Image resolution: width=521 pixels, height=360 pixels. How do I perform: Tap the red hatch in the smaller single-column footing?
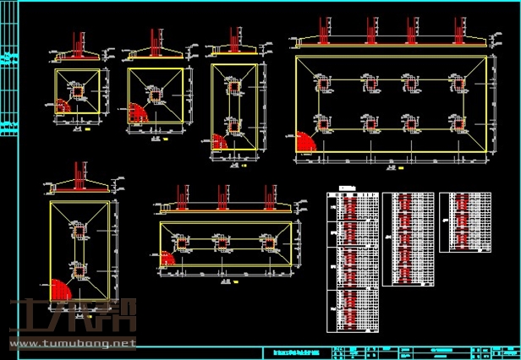[63, 106]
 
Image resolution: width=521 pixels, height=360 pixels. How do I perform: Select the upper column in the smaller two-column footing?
[233, 85]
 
